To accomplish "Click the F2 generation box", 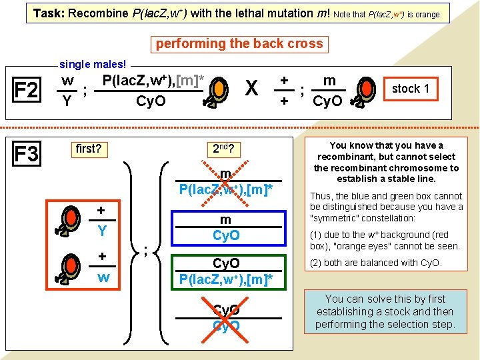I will pyautogui.click(x=26, y=90).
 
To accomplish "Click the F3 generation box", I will pyautogui.click(x=26, y=155).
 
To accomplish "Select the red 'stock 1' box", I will pyautogui.click(x=410, y=89).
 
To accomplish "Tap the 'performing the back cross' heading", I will pyautogui.click(x=239, y=44).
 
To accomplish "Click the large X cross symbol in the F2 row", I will pyautogui.click(x=251, y=89).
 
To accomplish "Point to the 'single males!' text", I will pyautogui.click(x=93, y=64).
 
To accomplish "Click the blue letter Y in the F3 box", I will pyautogui.click(x=103, y=231).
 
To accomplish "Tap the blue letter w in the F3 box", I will pyautogui.click(x=103, y=276).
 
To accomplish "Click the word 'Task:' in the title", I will pyautogui.click(x=49, y=13).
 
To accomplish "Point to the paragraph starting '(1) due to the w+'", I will pyautogui.click(x=385, y=240).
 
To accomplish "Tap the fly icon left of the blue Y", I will pyautogui.click(x=69, y=219).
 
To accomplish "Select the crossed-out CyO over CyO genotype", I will pyautogui.click(x=226, y=318).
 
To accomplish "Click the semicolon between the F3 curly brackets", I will pyautogui.click(x=145, y=251).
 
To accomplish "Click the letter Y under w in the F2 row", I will pyautogui.click(x=67, y=102).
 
